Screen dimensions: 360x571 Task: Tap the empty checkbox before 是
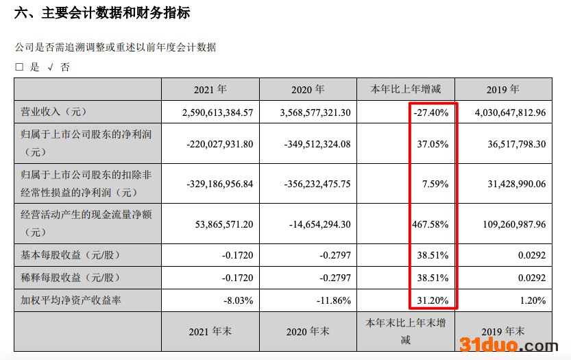(19, 67)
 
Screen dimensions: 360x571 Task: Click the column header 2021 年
(210, 90)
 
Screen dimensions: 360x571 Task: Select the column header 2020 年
(308, 90)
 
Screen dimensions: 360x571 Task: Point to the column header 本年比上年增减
(406, 90)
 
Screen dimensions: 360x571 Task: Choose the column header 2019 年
(503, 90)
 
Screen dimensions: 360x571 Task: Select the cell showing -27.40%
(431, 112)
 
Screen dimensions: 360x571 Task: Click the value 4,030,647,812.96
(505, 112)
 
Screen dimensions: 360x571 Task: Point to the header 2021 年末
(210, 331)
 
